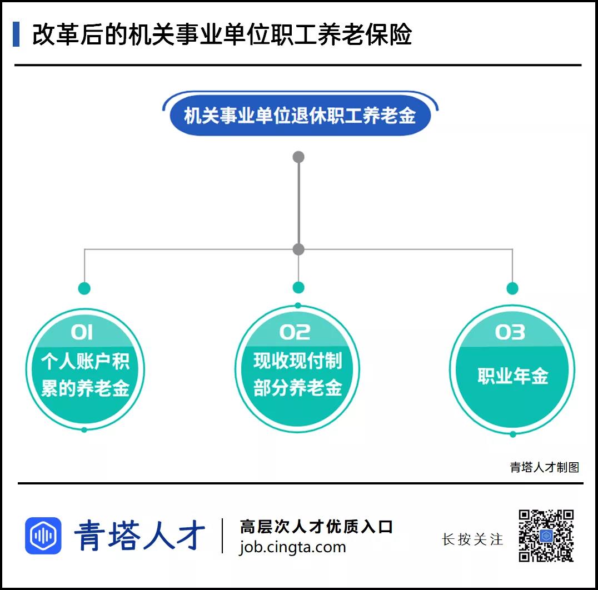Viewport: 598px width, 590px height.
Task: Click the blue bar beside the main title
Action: pos(16,34)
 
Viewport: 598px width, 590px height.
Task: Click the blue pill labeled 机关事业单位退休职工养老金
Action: pos(300,116)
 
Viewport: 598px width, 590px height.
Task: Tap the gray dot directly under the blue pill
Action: pos(298,157)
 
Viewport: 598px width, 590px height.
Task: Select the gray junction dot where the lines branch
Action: pos(298,249)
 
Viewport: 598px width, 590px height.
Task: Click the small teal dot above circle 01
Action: pos(84,288)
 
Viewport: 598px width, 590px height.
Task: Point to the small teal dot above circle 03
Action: pos(512,288)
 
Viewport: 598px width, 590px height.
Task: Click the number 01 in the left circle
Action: pos(82,332)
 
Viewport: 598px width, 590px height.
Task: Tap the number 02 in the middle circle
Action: pos(295,332)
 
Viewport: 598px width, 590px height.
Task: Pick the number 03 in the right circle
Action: pos(510,332)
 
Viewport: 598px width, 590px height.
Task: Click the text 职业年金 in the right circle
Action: pos(512,376)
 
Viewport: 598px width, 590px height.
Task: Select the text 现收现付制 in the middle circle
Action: pos(297,361)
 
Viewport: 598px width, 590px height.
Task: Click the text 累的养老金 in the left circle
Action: pos(85,388)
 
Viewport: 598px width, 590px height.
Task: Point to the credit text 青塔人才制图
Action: pos(545,467)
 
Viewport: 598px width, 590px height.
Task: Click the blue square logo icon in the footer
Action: pos(43,536)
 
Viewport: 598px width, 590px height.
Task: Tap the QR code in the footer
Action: pos(546,536)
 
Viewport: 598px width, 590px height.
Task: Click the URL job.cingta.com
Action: pos(292,547)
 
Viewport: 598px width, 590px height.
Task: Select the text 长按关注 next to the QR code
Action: pos(472,539)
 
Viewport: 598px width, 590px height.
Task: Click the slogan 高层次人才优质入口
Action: pos(316,527)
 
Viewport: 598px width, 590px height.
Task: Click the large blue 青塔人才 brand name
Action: pos(139,536)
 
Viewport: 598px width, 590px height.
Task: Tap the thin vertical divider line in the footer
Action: pos(222,536)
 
